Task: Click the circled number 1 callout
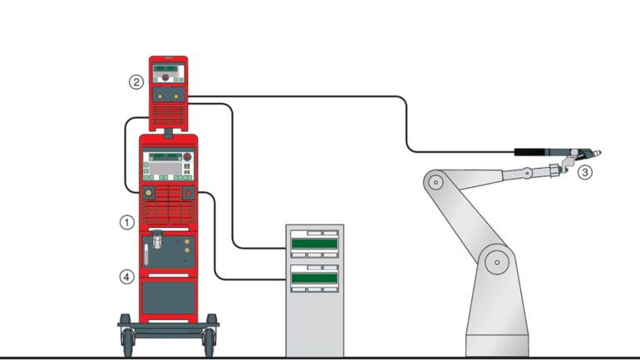click(x=126, y=222)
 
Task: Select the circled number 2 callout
click(x=135, y=81)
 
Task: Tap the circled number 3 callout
click(x=585, y=173)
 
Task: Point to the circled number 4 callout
click(x=126, y=277)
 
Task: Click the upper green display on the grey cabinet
click(x=315, y=244)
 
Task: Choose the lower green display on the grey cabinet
click(x=315, y=277)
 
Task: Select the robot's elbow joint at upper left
click(x=432, y=179)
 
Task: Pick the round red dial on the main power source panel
click(x=188, y=156)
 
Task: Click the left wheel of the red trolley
click(x=128, y=338)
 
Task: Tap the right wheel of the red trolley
click(x=209, y=338)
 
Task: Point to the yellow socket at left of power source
click(x=148, y=193)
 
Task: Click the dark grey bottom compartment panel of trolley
click(x=169, y=297)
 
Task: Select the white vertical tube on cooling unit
click(x=147, y=253)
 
